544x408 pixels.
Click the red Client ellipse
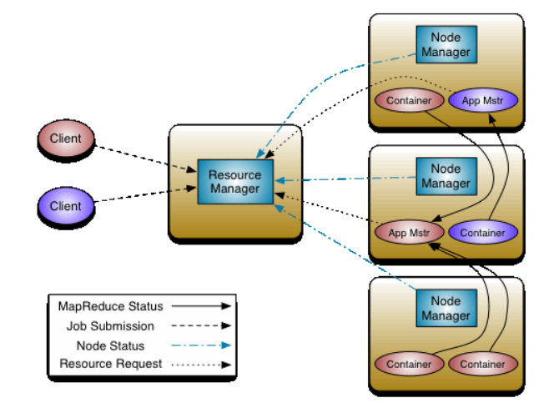coord(66,139)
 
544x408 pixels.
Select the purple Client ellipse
coord(66,206)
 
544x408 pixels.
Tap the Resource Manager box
coord(235,181)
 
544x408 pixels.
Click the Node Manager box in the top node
coord(446,44)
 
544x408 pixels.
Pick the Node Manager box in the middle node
coord(446,176)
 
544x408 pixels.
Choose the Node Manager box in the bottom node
coord(446,308)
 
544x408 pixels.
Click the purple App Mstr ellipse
coord(483,101)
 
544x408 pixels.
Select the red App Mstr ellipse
coord(410,233)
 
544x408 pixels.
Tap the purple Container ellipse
coord(483,233)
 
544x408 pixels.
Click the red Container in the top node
coord(410,101)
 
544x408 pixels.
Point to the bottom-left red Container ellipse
coord(410,365)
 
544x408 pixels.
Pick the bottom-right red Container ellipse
coord(483,365)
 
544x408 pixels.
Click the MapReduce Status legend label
coord(110,306)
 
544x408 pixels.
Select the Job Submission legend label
coord(110,326)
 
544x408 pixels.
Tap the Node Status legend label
coord(110,346)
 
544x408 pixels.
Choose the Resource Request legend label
coord(111,364)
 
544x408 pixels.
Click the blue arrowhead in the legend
coord(226,345)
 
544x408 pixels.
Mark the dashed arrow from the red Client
coord(145,159)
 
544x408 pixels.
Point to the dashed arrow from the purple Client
coord(145,194)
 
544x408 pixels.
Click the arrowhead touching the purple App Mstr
coord(492,119)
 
